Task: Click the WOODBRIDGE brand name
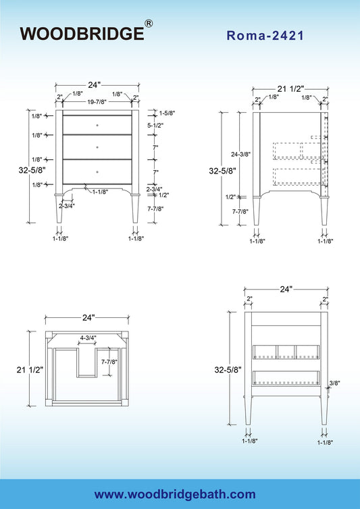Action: pos(82,34)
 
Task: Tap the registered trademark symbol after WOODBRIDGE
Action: pos(149,24)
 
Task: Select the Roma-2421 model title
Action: pos(265,35)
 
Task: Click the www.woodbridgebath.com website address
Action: pos(175,494)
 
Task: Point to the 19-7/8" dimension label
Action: pos(97,102)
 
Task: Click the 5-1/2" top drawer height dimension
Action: pos(155,126)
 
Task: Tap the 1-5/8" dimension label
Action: pos(167,113)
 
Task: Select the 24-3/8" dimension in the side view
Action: pos(240,155)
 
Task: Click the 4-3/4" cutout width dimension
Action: pos(88,338)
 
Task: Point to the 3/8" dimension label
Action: pos(334,383)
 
